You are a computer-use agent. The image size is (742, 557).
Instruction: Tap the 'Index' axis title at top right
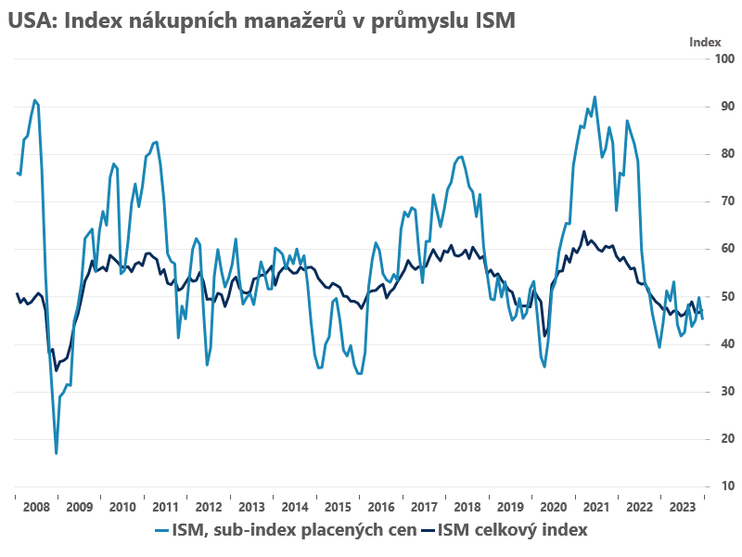[705, 42]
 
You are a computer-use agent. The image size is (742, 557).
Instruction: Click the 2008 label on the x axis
[35, 507]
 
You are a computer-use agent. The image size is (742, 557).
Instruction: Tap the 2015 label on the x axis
[337, 507]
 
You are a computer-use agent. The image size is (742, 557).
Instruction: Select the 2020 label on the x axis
[553, 507]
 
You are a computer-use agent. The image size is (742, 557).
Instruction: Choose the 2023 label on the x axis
[682, 507]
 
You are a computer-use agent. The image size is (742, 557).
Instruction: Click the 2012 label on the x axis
[208, 507]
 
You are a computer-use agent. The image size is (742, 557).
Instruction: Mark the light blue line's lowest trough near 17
[57, 453]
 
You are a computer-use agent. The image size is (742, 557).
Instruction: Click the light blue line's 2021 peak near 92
[595, 97]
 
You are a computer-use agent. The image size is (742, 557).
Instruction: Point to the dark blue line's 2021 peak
[583, 232]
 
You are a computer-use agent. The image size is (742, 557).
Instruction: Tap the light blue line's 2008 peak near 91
[34, 100]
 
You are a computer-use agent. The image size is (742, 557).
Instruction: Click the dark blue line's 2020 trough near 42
[545, 335]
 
